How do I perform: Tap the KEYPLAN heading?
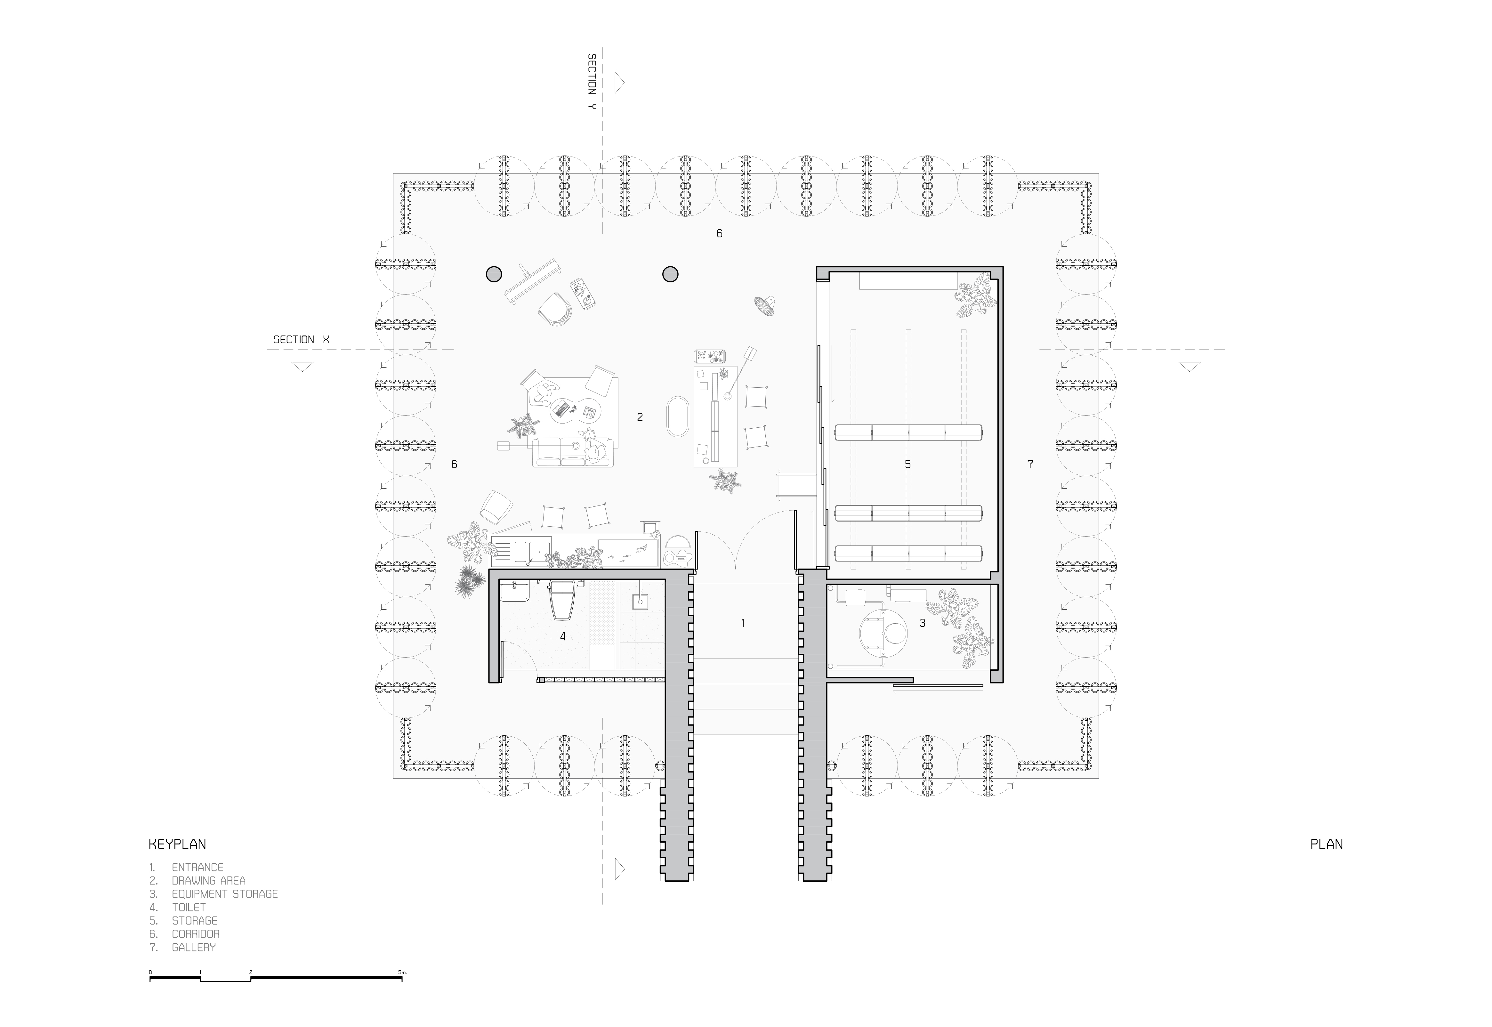(x=177, y=844)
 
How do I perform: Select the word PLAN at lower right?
(x=1327, y=844)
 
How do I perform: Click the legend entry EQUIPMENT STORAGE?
(x=224, y=894)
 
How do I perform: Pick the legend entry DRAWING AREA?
(x=208, y=880)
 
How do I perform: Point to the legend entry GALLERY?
(x=194, y=947)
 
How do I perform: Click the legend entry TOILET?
(x=189, y=907)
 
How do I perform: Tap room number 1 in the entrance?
(x=743, y=623)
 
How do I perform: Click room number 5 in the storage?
(x=908, y=464)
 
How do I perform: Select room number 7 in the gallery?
(x=1030, y=464)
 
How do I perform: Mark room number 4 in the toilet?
(x=563, y=636)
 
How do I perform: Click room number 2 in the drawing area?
(x=640, y=417)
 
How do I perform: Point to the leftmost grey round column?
(x=494, y=274)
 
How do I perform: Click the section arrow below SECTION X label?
(x=302, y=367)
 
